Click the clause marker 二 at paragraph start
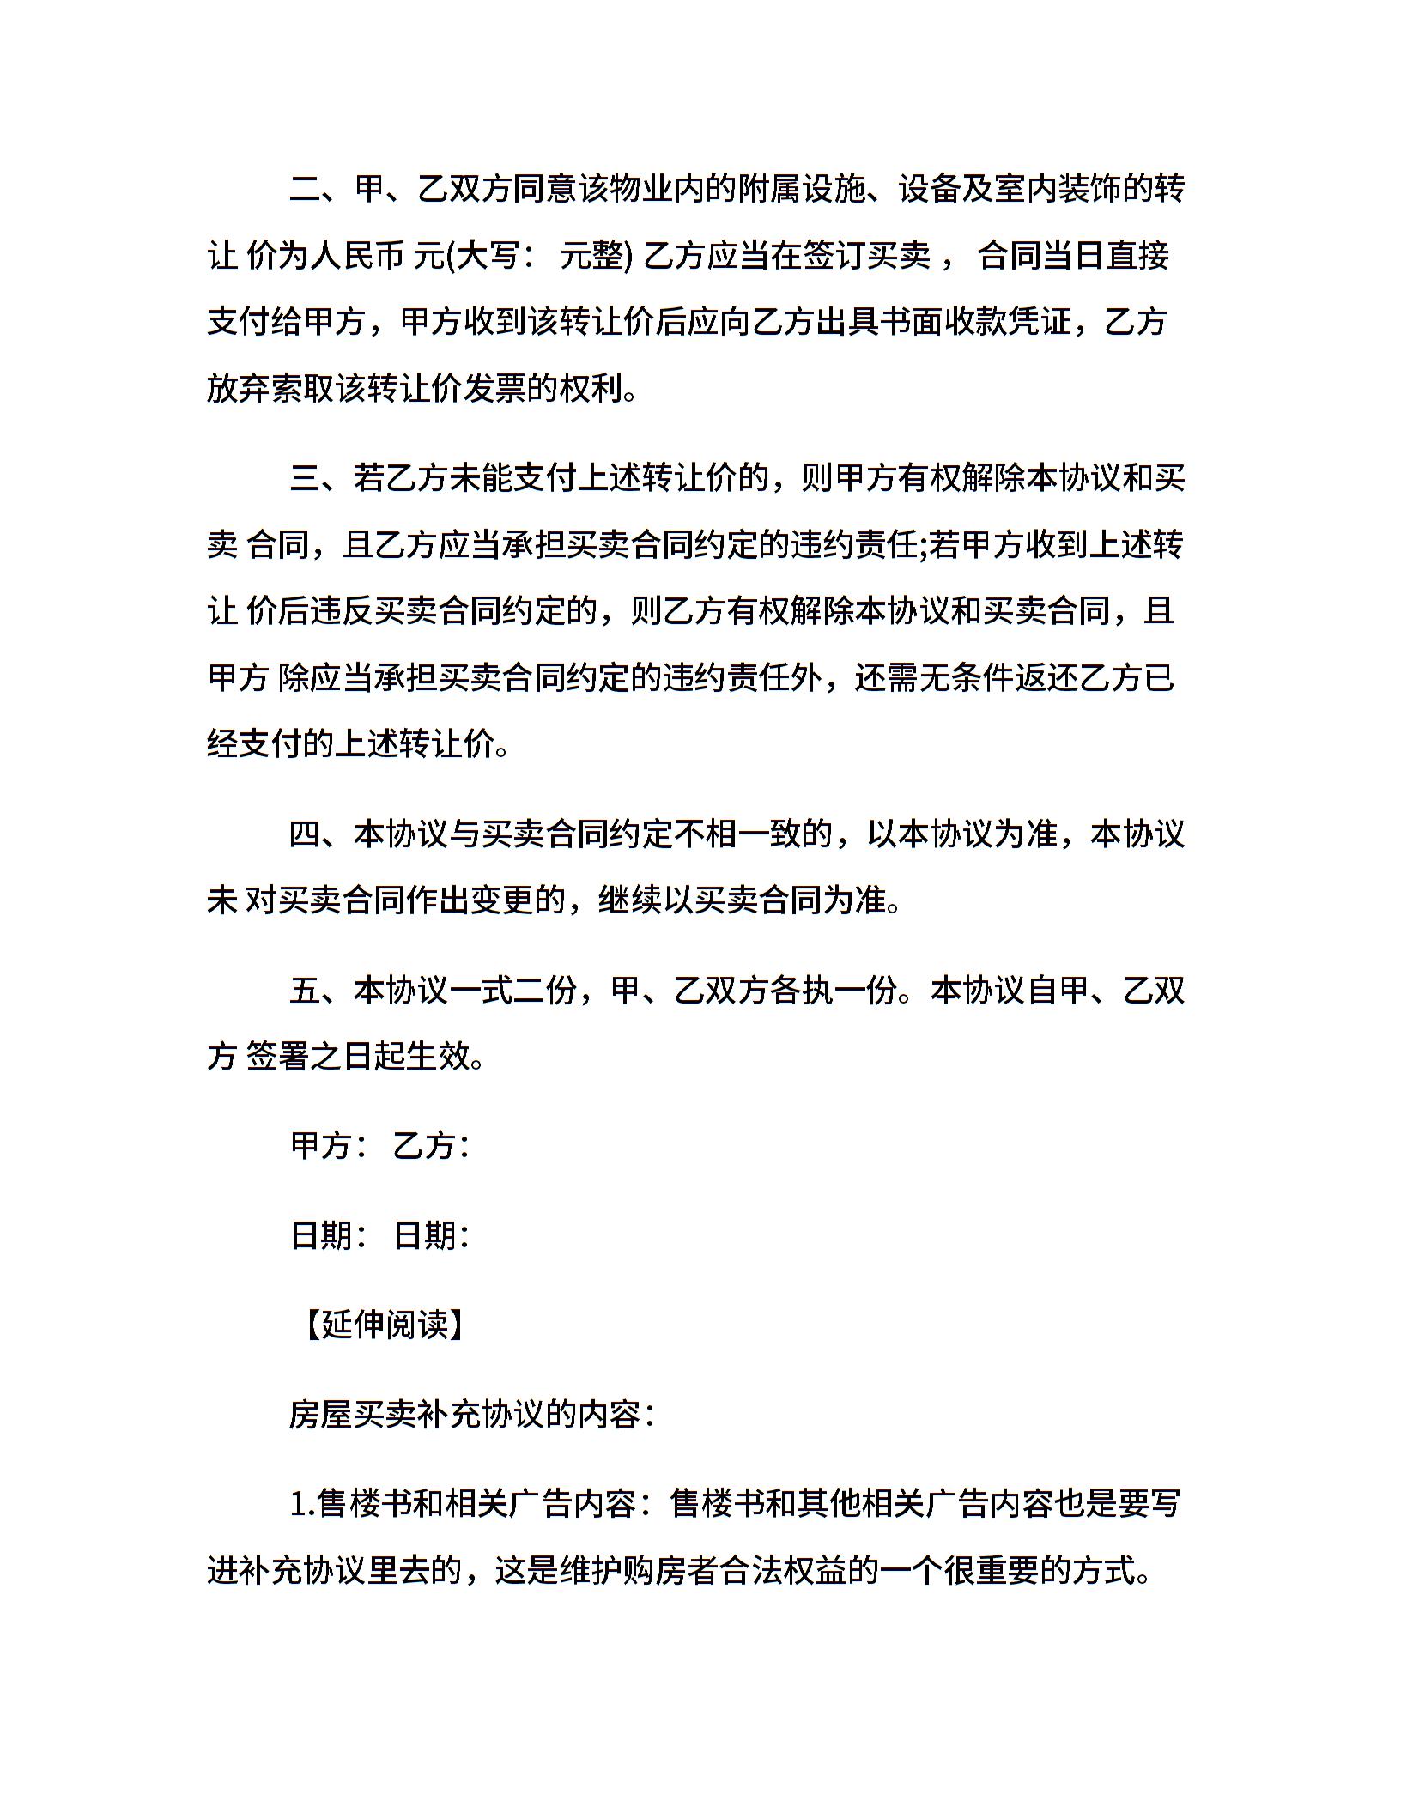[x=305, y=190]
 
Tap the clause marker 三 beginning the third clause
[x=305, y=477]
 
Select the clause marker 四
[x=305, y=834]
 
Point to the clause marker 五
[x=305, y=991]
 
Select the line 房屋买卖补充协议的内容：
[x=472, y=1414]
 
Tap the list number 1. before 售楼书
[x=302, y=1503]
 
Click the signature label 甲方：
[x=331, y=1146]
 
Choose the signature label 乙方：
[x=431, y=1146]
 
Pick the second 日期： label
[x=431, y=1235]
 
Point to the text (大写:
[x=485, y=257]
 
